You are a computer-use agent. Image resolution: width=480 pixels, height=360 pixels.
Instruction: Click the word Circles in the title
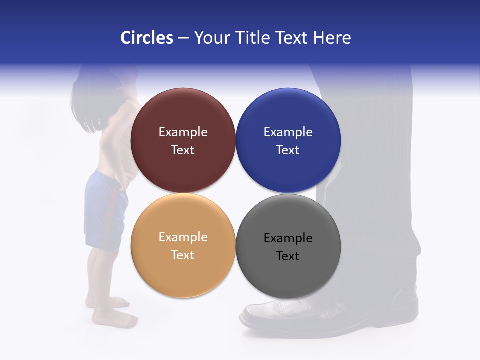pos(147,38)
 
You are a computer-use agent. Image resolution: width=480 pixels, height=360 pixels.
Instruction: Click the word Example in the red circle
pos(183,132)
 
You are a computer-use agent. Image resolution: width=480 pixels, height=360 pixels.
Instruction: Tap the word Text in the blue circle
pos(288,150)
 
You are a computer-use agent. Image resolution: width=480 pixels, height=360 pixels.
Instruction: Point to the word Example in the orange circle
pos(183,237)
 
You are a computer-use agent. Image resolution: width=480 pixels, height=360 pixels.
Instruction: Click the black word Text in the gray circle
pos(288,256)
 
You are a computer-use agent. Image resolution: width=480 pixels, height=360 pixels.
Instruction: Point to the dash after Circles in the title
pos(183,38)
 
